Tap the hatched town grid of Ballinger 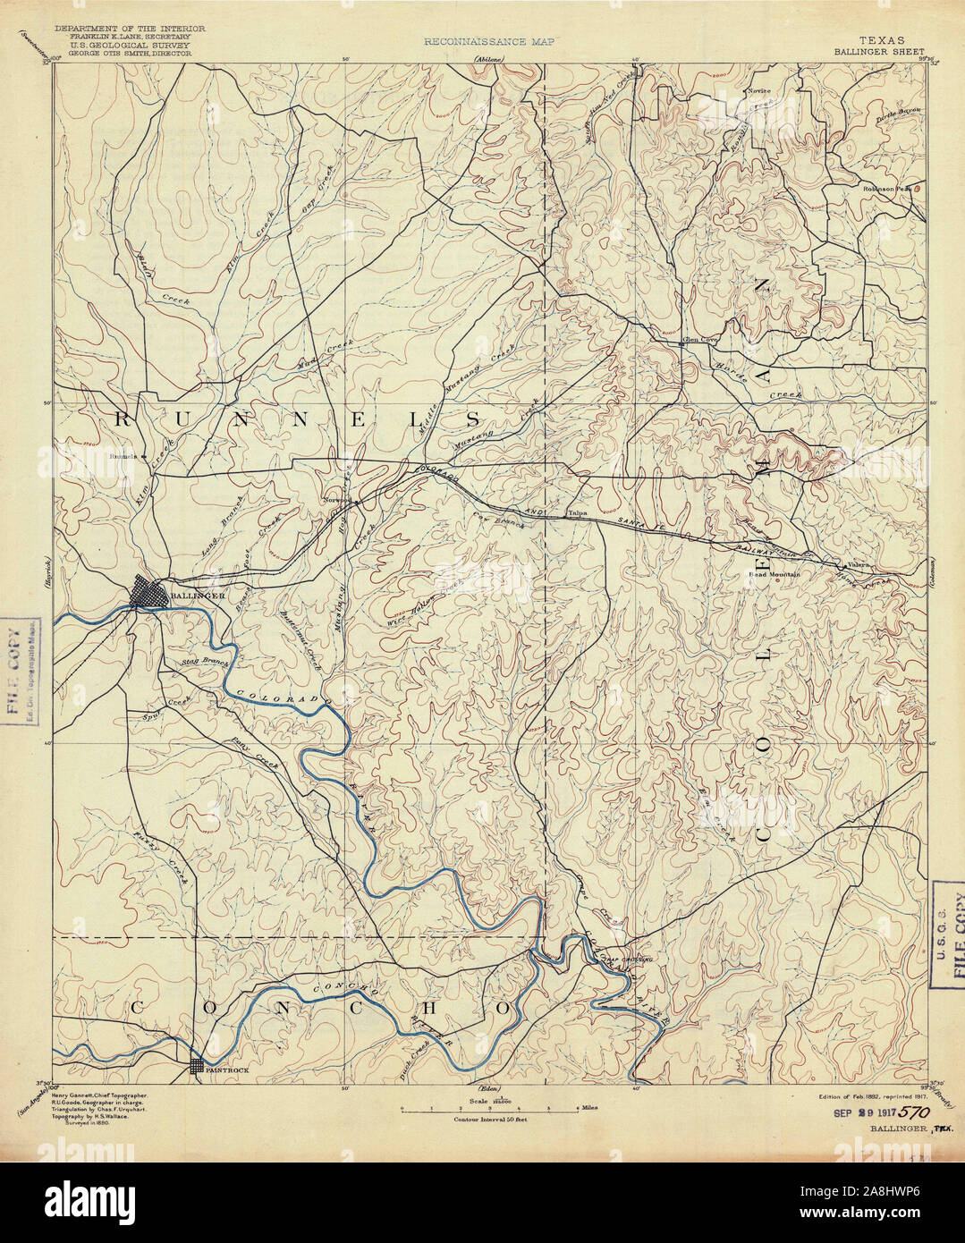150,592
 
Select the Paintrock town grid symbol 197,1066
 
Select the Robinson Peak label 885,189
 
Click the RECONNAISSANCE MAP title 489,41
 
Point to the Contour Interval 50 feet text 488,1120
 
